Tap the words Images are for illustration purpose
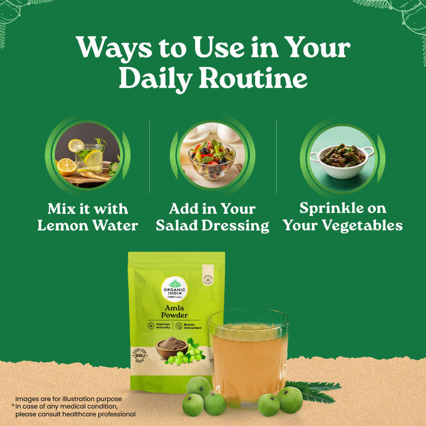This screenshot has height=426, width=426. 68,399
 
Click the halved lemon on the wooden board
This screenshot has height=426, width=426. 67,167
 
